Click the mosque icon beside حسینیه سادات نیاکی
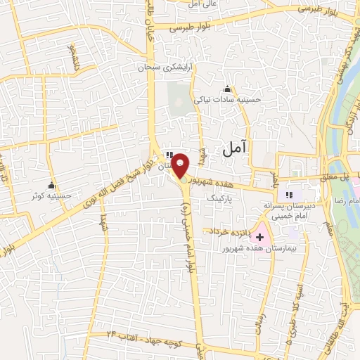pos(227,89)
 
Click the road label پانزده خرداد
pos(226,231)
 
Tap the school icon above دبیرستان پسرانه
pos(288,194)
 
